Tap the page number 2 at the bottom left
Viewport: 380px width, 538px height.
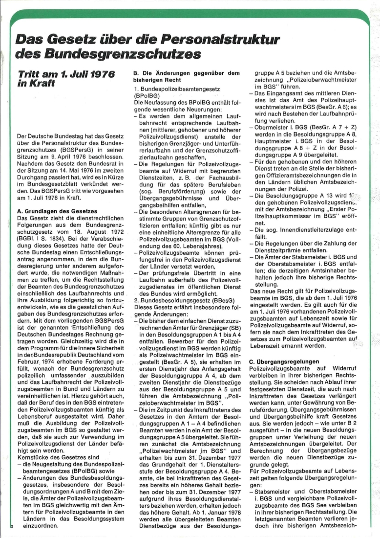click(x=10, y=526)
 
